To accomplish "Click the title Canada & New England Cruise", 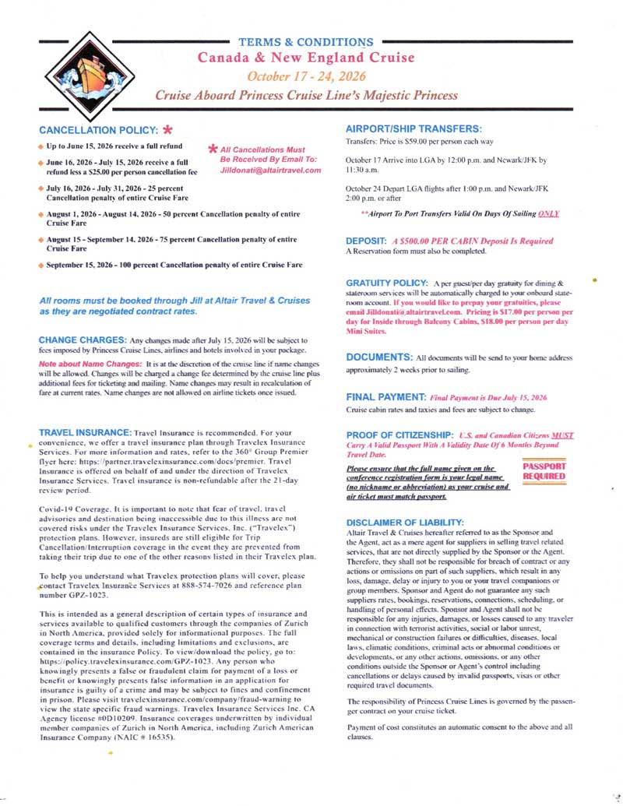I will click(305, 58).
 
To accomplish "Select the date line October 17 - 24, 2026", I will click(305, 76).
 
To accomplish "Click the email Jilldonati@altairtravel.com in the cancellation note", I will click(270, 170).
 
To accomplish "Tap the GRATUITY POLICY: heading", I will click(385, 280).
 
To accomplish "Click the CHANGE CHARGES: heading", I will click(83, 340).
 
